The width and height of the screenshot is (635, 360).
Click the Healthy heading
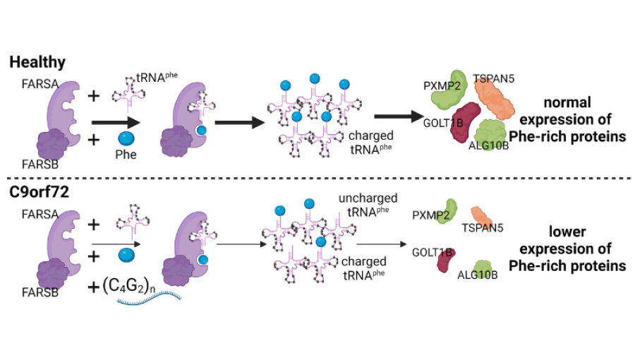pyautogui.click(x=37, y=62)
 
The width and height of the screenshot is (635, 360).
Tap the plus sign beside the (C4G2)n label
pyautogui.click(x=93, y=286)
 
